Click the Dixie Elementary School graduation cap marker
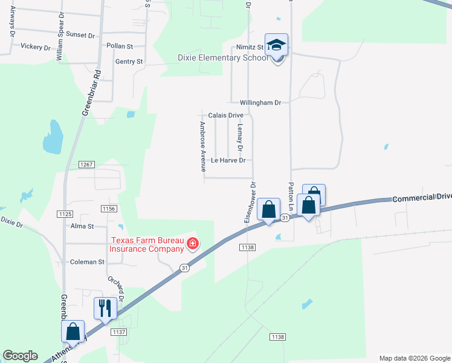point(277,46)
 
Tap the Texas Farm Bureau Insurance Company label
point(146,244)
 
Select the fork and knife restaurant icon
point(105,309)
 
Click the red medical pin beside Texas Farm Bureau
point(193,244)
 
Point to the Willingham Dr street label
point(260,103)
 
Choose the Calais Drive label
point(225,115)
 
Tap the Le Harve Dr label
point(228,161)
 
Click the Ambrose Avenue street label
point(203,146)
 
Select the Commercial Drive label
point(421,197)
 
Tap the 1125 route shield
point(65,214)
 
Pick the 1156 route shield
point(108,208)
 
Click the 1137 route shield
point(118,332)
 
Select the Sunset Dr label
point(80,35)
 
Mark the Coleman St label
point(88,262)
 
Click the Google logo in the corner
point(20,356)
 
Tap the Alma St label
point(82,226)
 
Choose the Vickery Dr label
point(36,46)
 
